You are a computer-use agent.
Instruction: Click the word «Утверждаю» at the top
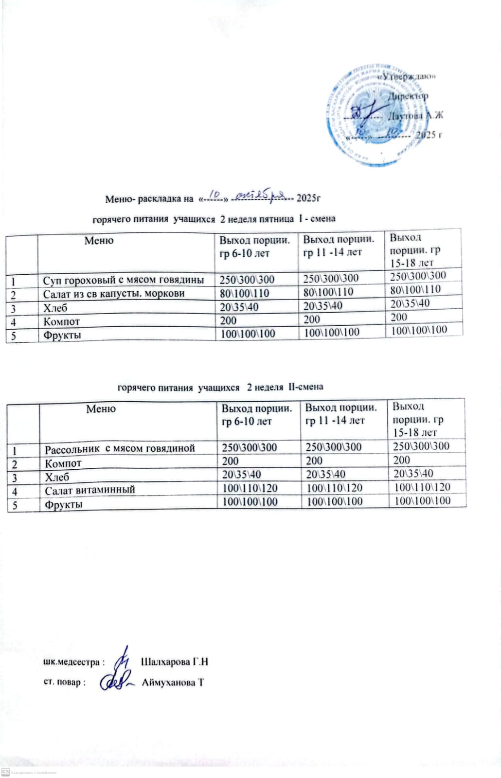click(407, 76)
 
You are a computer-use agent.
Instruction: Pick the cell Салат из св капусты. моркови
click(114, 294)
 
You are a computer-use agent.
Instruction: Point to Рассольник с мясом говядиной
click(120, 448)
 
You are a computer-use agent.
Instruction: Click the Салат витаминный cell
click(90, 490)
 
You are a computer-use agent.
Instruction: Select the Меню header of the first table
click(99, 241)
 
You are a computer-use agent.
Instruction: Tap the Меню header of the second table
click(101, 409)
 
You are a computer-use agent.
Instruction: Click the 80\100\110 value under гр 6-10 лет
click(244, 293)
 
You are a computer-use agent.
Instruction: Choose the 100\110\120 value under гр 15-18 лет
click(422, 487)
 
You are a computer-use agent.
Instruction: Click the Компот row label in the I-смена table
click(61, 321)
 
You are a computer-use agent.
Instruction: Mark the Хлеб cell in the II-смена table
click(57, 477)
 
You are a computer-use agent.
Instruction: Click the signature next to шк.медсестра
click(124, 659)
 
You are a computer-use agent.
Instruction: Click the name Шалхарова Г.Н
click(174, 662)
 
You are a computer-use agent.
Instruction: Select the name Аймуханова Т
click(173, 683)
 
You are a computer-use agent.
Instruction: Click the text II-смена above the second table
click(305, 387)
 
